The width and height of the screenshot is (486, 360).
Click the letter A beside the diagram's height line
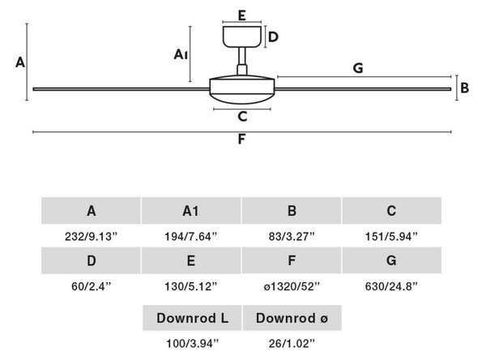[20, 62]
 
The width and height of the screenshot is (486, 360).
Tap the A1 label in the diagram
[181, 54]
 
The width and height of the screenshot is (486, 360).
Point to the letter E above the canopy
[242, 15]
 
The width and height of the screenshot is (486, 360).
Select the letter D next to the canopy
[273, 37]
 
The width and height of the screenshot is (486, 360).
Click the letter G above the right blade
[358, 68]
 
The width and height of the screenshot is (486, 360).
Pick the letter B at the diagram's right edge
[465, 88]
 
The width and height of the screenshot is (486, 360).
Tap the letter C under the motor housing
[242, 117]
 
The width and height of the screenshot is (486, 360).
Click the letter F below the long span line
[241, 139]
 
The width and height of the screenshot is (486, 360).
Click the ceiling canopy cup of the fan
[242, 36]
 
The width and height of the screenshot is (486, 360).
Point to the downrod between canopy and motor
[242, 61]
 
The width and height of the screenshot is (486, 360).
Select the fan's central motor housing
[242, 89]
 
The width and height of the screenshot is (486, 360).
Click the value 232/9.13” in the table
[91, 237]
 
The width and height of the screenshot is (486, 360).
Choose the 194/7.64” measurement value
[191, 237]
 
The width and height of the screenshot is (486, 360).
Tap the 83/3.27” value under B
[292, 237]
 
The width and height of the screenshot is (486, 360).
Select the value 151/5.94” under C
[391, 237]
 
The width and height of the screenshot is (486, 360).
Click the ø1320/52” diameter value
[292, 286]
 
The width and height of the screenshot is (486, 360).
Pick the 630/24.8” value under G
[391, 286]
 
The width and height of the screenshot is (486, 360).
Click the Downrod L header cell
[192, 318]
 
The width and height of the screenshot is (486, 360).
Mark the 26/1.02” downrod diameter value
[292, 343]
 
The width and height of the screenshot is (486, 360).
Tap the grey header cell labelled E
[191, 260]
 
